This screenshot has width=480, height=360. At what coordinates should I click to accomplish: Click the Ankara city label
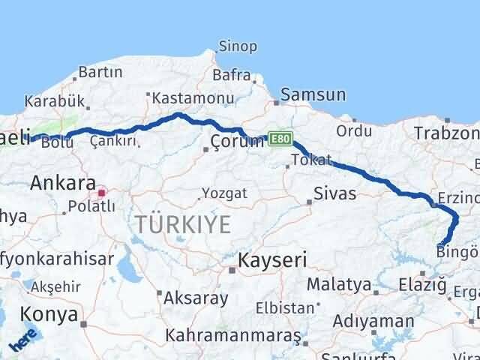pos(63,182)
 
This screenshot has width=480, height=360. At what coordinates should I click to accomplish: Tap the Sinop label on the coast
pos(238,46)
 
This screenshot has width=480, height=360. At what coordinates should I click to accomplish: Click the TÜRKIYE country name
pos(183,223)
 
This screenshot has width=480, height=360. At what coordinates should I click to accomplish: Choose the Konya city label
pos(49,313)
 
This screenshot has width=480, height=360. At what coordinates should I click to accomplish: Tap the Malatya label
pos(339,285)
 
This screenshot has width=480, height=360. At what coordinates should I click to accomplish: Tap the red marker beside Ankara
pos(102,192)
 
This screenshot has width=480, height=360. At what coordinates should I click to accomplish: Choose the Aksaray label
pos(195,298)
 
